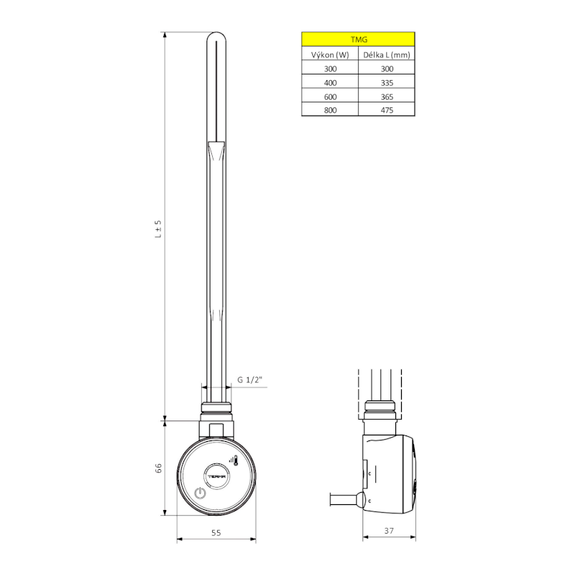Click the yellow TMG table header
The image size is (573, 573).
[x=357, y=39]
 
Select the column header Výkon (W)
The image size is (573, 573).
[x=329, y=54]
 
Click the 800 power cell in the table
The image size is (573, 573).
[x=329, y=110]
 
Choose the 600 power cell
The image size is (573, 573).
[x=329, y=97]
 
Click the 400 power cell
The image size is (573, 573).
[x=329, y=82]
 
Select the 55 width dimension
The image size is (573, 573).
[x=216, y=533]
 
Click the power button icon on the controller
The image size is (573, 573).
[x=200, y=493]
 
